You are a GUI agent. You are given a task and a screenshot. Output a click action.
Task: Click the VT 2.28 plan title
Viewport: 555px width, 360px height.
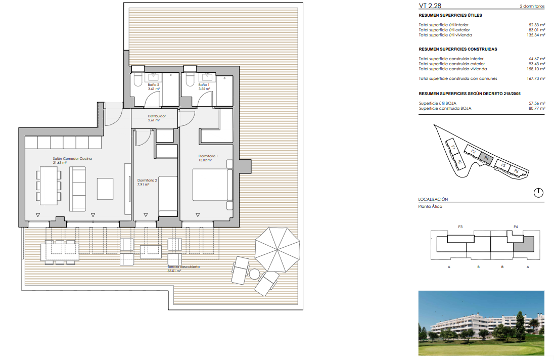pyautogui.click(x=430, y=6)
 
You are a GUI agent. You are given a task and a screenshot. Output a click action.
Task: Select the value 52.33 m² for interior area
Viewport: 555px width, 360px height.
pyautogui.click(x=537, y=25)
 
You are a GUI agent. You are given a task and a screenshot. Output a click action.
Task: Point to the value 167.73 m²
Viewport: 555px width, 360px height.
pyautogui.click(x=536, y=78)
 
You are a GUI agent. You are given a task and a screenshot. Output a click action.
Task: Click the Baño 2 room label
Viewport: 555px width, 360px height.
pyautogui.click(x=154, y=85)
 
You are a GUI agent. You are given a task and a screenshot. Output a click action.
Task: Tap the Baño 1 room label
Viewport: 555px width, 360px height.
pyautogui.click(x=204, y=85)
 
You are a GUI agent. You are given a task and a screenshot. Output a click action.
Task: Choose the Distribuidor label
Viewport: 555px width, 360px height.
pyautogui.click(x=157, y=116)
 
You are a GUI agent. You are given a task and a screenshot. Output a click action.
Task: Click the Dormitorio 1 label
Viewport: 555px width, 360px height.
pyautogui.click(x=208, y=156)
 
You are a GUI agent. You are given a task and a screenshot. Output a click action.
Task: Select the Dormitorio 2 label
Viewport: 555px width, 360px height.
pyautogui.click(x=147, y=181)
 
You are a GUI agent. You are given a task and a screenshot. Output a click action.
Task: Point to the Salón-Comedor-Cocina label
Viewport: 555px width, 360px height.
pyautogui.click(x=72, y=159)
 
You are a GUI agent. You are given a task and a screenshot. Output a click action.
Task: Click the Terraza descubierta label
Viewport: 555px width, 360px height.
pyautogui.click(x=183, y=267)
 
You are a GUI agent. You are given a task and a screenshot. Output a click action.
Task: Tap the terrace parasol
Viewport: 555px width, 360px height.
pyautogui.click(x=277, y=249)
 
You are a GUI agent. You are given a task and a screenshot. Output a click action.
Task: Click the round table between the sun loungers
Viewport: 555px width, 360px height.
pyautogui.click(x=254, y=274)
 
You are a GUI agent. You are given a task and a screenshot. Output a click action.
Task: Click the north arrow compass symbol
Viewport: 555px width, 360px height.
pyautogui.click(x=538, y=193)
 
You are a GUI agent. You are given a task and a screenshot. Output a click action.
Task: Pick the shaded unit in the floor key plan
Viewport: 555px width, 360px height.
pyautogui.click(x=524, y=244)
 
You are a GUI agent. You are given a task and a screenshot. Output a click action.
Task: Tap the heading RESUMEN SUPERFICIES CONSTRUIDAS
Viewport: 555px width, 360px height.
pyautogui.click(x=458, y=49)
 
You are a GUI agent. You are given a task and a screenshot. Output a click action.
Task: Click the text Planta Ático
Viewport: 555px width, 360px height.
pyautogui.click(x=430, y=206)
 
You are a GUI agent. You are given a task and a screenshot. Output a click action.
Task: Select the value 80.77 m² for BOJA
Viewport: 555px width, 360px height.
pyautogui.click(x=537, y=108)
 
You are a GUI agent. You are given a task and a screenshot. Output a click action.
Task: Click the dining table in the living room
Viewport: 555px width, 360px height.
pyautogui.click(x=49, y=186)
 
